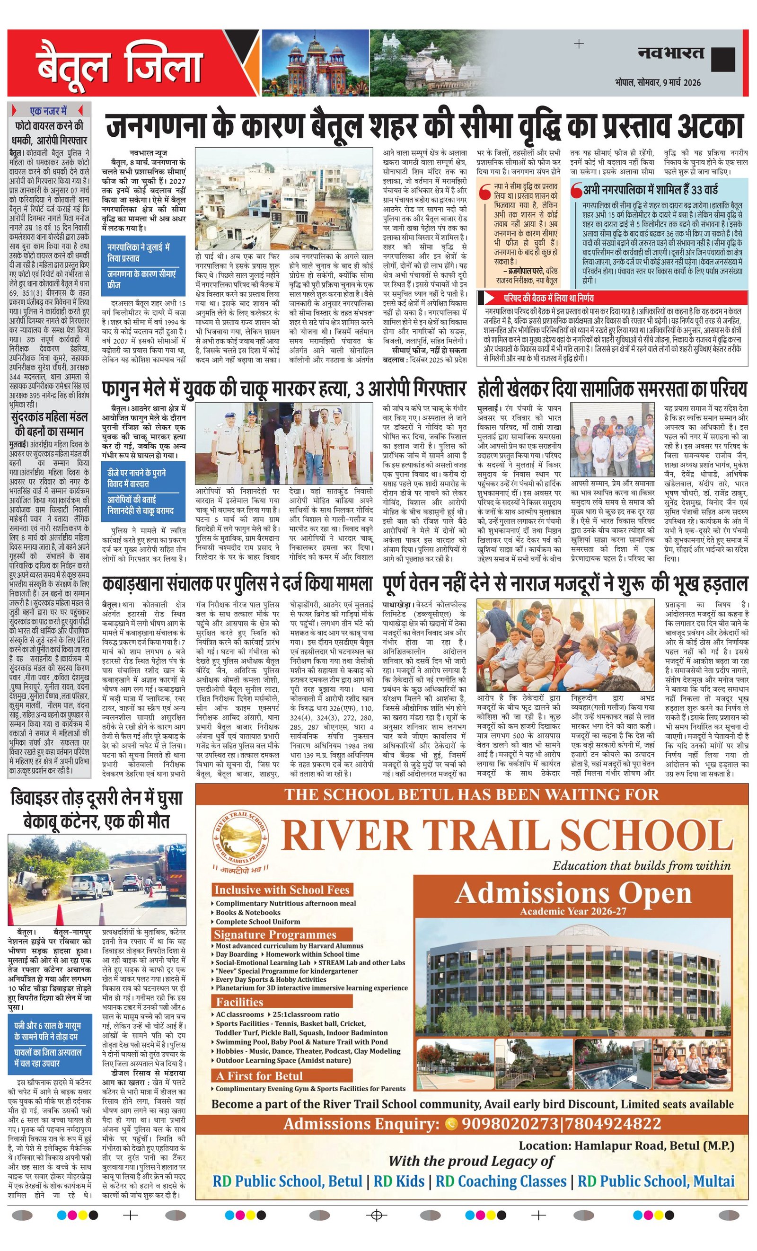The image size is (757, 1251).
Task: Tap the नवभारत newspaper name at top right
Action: click(671, 53)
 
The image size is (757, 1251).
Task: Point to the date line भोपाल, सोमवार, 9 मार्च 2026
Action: click(658, 82)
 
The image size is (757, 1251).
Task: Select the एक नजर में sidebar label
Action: click(49, 111)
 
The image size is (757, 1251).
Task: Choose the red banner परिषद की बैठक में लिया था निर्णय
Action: click(548, 298)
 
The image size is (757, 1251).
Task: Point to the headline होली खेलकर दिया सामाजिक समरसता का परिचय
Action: click(612, 389)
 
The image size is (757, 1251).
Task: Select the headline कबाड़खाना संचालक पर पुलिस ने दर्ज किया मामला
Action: click(237, 584)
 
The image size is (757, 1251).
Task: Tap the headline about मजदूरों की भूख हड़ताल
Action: click(564, 584)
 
